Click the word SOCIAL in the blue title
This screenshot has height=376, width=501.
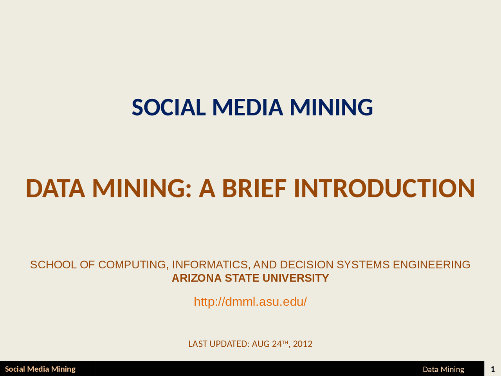pyautogui.click(x=169, y=107)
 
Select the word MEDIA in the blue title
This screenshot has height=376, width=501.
pyautogui.click(x=247, y=107)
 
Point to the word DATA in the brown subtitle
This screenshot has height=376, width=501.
pyautogui.click(x=55, y=188)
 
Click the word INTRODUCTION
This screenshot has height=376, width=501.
pyautogui.click(x=384, y=188)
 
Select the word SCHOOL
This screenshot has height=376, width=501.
pyautogui.click(x=53, y=265)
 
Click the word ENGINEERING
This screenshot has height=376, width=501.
pyautogui.click(x=431, y=265)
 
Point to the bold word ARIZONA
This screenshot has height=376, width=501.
pyautogui.click(x=196, y=278)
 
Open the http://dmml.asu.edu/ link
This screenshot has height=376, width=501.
pyautogui.click(x=250, y=302)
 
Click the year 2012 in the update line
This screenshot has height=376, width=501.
pyautogui.click(x=303, y=344)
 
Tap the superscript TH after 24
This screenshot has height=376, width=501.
pyautogui.click(x=285, y=342)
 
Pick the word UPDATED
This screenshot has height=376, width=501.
pyautogui.click(x=229, y=344)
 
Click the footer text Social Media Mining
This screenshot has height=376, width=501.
pyautogui.click(x=40, y=369)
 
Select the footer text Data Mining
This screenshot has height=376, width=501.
pyautogui.click(x=443, y=369)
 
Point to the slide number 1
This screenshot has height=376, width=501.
pyautogui.click(x=492, y=369)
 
